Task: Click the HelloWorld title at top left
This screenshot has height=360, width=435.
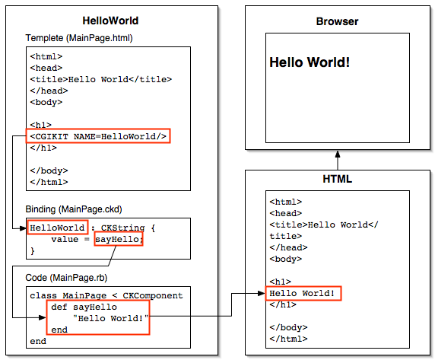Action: [110, 21]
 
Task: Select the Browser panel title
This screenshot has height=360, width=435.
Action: [337, 21]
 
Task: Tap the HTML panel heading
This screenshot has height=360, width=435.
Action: [338, 179]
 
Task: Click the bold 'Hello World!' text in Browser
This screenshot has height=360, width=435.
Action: [310, 62]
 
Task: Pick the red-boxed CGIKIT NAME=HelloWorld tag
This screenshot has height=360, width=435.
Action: [98, 136]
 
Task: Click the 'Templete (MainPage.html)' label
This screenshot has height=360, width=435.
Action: [79, 38]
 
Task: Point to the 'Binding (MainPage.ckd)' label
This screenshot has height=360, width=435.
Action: [74, 209]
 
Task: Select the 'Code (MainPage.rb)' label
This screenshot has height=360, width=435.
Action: [66, 278]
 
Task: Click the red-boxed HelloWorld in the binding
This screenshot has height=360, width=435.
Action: [58, 228]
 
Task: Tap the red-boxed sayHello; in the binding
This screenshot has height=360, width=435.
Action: [119, 239]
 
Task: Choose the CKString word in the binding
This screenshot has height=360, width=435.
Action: [122, 228]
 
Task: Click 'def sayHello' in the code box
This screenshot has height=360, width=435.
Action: [84, 307]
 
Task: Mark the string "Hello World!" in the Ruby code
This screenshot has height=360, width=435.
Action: [111, 318]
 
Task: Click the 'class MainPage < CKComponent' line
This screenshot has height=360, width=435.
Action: [106, 295]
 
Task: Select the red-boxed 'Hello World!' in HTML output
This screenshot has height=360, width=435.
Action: [303, 293]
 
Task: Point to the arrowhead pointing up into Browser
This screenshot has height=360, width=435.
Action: [338, 154]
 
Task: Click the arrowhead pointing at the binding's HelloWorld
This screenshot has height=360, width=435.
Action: [23, 228]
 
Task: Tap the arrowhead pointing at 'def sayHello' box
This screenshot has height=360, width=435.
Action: [43, 317]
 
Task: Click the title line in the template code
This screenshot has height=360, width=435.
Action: [101, 79]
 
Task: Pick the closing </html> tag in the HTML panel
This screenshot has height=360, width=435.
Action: [288, 339]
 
